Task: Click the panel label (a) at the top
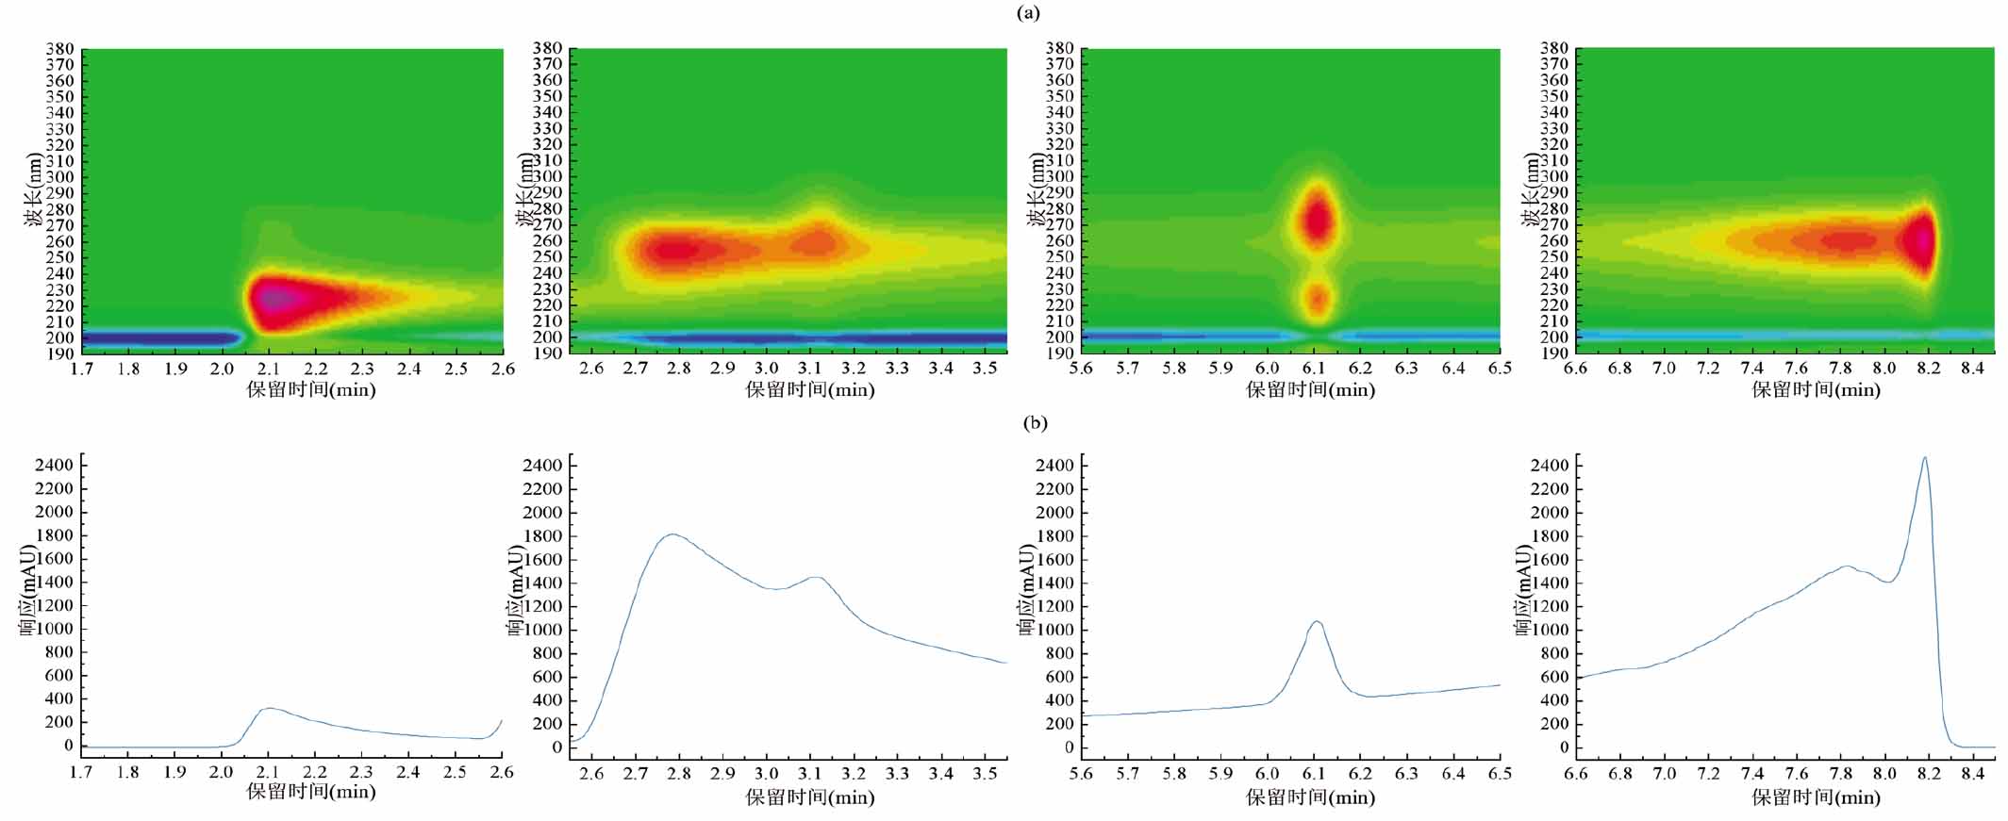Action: coord(1028,12)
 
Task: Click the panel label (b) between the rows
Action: coord(1035,422)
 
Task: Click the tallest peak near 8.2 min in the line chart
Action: coord(1924,458)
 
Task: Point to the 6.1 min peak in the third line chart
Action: coord(1317,621)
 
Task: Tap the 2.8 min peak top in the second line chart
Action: coord(672,534)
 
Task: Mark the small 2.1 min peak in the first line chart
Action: coord(270,708)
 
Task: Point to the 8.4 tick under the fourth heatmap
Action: coord(1972,369)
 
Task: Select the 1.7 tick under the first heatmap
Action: coord(82,369)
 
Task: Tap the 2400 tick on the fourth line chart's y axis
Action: coord(1551,466)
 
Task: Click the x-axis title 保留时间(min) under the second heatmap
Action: coord(810,389)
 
